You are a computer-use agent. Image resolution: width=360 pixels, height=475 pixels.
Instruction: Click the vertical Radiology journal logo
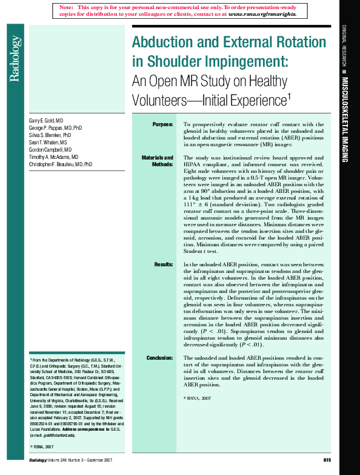[16, 58]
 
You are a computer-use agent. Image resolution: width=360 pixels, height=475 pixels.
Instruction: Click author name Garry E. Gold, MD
[46, 121]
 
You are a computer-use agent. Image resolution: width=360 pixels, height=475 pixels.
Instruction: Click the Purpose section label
[162, 124]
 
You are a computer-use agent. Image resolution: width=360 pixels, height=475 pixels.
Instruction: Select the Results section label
[164, 265]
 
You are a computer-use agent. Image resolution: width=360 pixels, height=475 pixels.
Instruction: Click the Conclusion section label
[159, 358]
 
